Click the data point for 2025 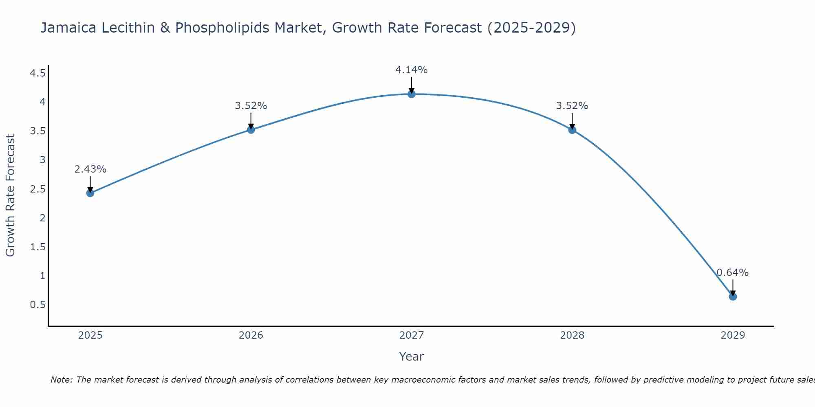point(90,193)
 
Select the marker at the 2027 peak point(412,94)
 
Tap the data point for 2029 point(733,297)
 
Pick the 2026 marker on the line point(251,130)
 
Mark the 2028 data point point(572,130)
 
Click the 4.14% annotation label point(412,70)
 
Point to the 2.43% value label point(90,169)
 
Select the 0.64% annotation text point(733,273)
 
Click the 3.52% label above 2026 point(251,106)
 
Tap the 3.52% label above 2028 point(572,106)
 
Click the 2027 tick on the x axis point(412,335)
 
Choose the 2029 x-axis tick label point(733,335)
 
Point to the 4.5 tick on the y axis point(37,73)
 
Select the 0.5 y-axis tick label point(37,305)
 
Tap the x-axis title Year point(412,357)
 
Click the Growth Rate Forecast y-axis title point(11,195)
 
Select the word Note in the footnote point(61,380)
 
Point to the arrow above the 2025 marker point(90,183)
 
